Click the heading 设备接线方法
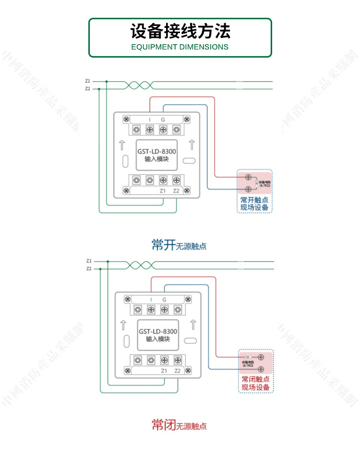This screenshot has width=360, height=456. [180, 31]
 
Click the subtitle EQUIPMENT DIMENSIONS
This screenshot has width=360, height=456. [180, 47]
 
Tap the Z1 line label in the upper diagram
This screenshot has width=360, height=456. [87, 81]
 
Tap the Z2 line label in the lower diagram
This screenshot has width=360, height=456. [89, 269]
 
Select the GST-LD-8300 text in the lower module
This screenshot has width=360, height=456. [158, 332]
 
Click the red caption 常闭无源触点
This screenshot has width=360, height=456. [179, 425]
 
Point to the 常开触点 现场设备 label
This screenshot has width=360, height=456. [254, 204]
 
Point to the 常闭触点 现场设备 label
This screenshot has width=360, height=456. [255, 383]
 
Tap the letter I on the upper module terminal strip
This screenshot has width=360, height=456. [149, 120]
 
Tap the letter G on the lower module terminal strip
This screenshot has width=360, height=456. [164, 300]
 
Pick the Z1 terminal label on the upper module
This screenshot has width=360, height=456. [163, 191]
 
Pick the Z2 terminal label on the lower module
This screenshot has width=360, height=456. [178, 371]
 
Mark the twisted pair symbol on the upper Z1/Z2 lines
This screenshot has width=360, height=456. [139, 85]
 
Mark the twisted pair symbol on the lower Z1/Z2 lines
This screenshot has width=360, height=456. [140, 265]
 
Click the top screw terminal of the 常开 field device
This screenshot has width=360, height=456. [249, 177]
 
